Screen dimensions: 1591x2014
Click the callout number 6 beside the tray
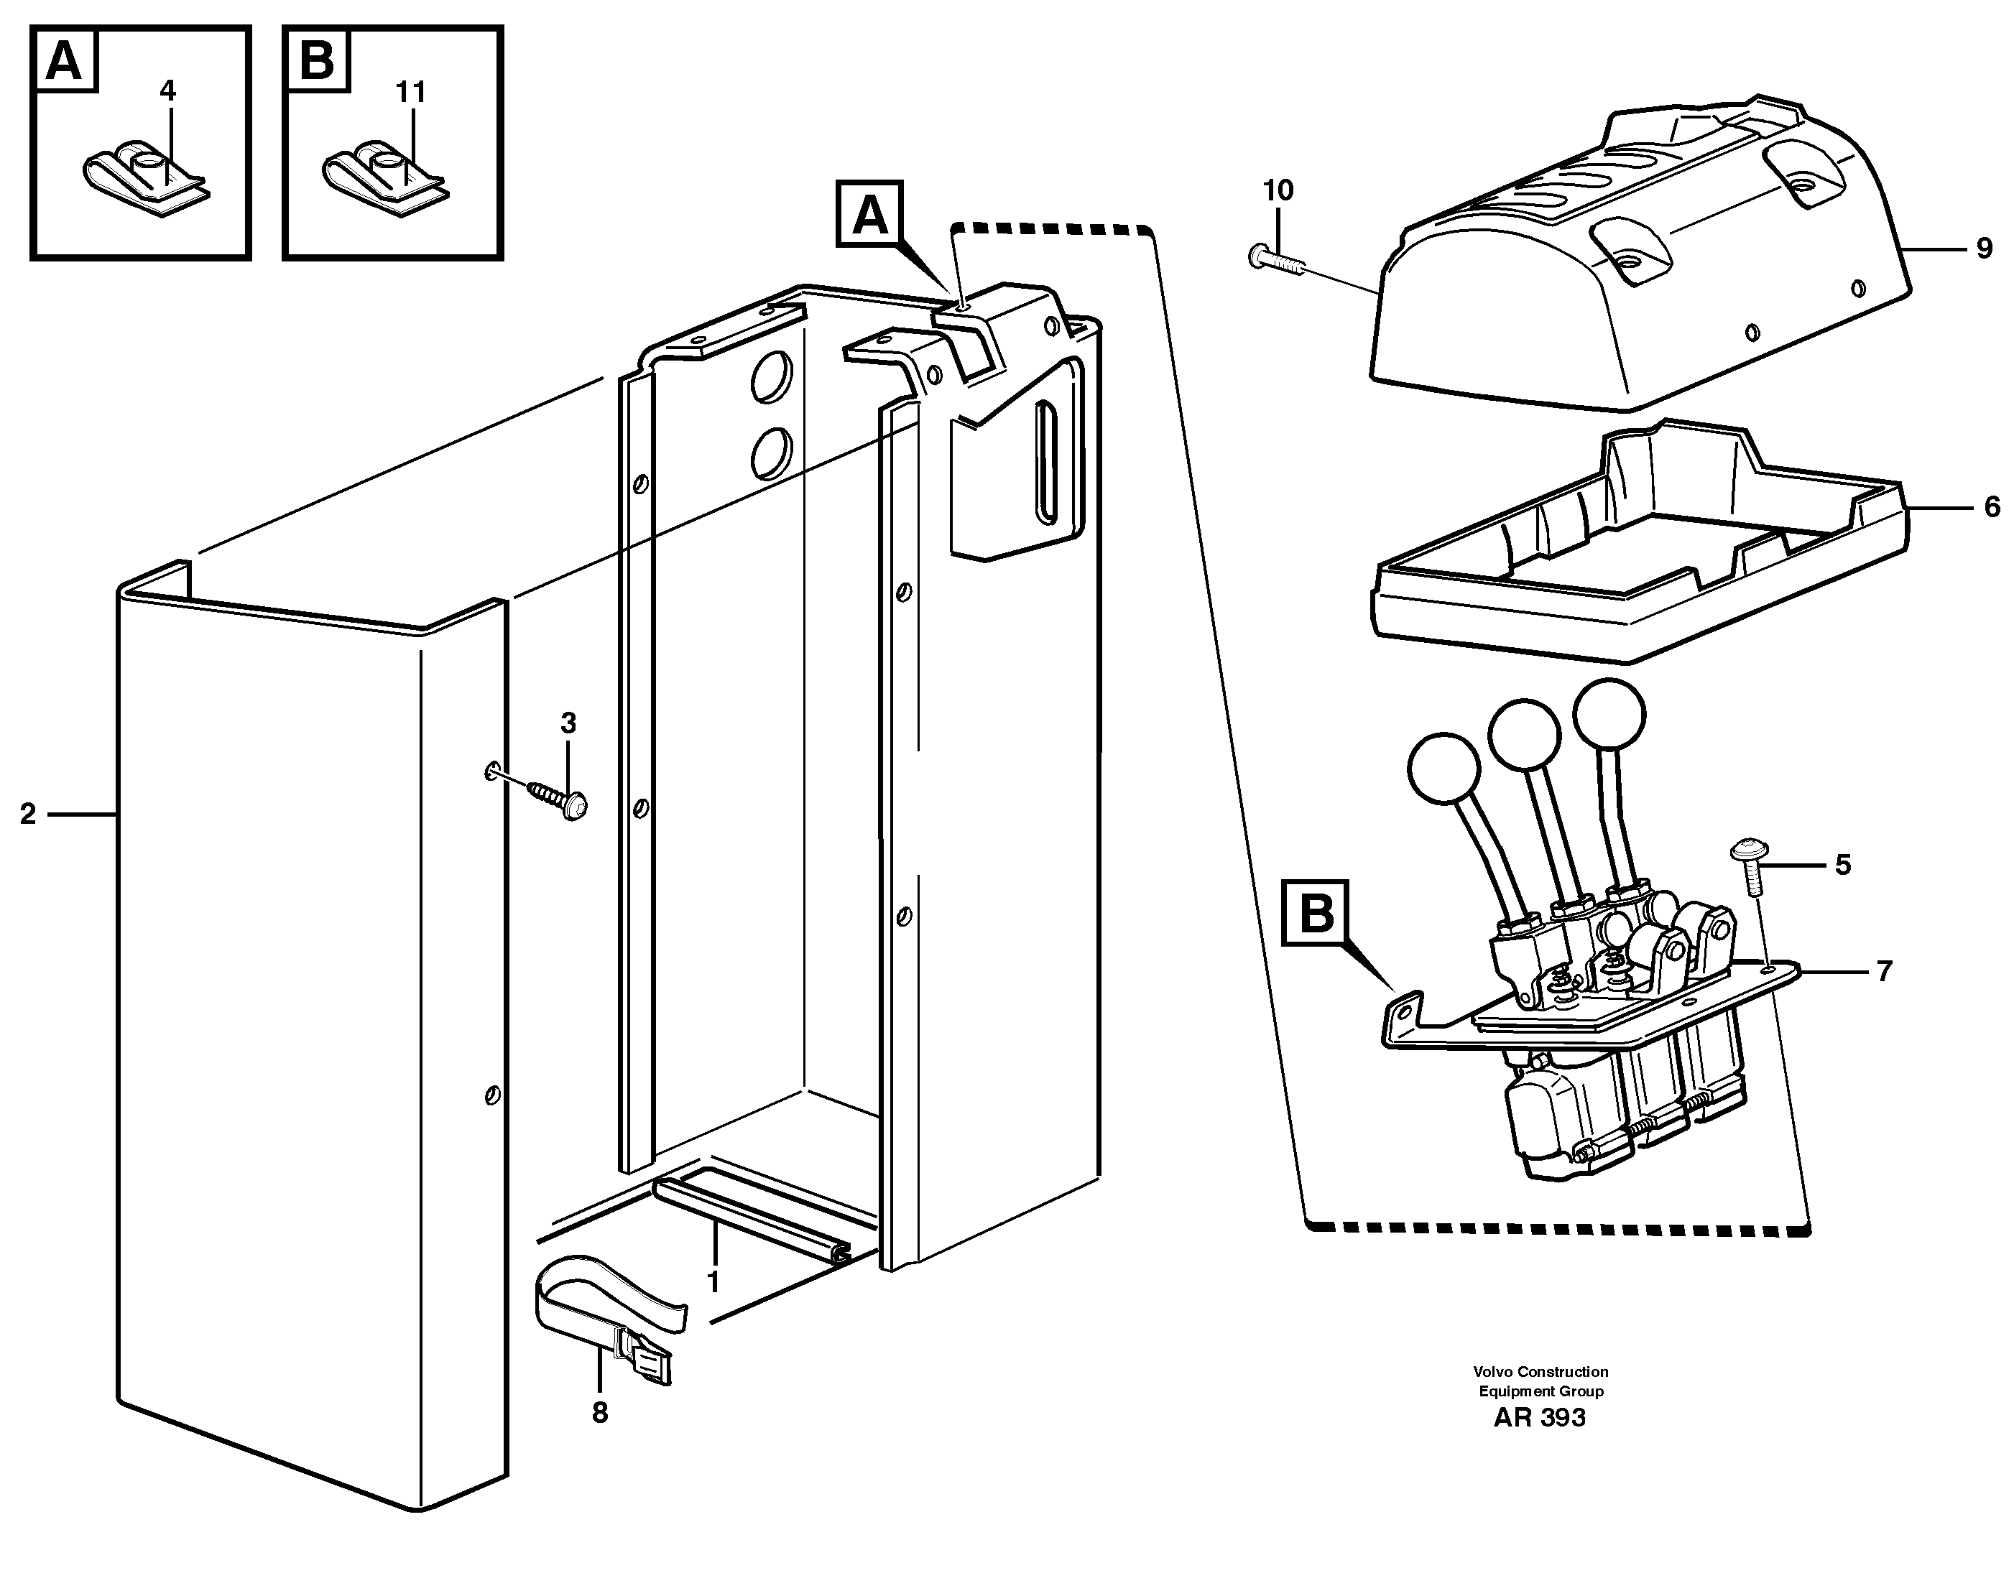(x=1992, y=508)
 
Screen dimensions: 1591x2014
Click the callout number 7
(x=1883, y=973)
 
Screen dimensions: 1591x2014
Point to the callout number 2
(x=28, y=814)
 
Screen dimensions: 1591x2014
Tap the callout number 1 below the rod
(x=713, y=1284)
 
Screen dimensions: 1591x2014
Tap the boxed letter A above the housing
(x=869, y=215)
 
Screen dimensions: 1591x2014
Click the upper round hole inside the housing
(x=771, y=376)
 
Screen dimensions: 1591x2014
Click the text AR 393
(x=1540, y=1419)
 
